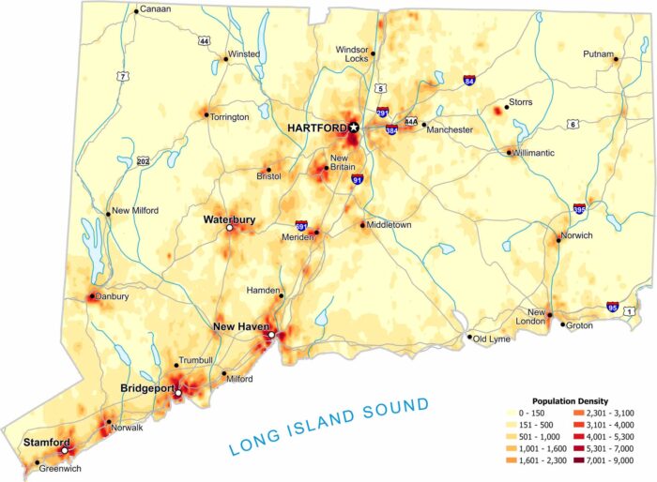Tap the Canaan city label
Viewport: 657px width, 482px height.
tap(157, 11)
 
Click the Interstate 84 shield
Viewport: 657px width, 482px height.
tap(468, 83)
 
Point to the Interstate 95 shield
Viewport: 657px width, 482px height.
tap(612, 307)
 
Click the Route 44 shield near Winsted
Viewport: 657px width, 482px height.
tap(204, 41)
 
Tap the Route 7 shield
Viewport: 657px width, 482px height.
tap(122, 75)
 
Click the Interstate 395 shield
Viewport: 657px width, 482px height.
tap(579, 209)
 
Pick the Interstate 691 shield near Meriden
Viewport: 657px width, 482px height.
tap(300, 226)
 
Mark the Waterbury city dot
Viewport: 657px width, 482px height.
tap(229, 228)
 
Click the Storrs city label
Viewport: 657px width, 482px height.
tap(521, 100)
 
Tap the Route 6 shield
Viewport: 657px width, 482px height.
tap(572, 124)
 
